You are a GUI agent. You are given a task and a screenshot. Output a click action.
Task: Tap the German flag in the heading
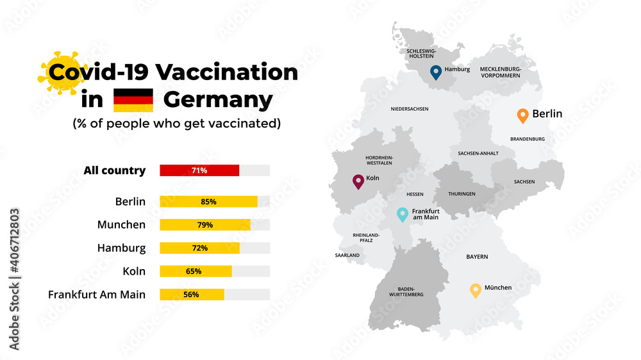pyautogui.click(x=133, y=100)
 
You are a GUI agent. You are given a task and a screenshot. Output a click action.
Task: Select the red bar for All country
pyautogui.click(x=199, y=170)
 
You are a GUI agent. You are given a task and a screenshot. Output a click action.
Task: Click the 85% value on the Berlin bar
pyautogui.click(x=208, y=202)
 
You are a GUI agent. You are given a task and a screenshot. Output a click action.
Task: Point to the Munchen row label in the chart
pyautogui.click(x=121, y=225)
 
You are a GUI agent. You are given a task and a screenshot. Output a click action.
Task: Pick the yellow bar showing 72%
pyautogui.click(x=199, y=248)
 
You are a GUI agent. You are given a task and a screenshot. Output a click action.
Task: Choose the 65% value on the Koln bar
pyautogui.click(x=194, y=271)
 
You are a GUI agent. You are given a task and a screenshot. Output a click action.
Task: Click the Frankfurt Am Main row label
pyautogui.click(x=97, y=295)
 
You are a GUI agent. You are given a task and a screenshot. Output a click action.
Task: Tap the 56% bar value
pyautogui.click(x=191, y=295)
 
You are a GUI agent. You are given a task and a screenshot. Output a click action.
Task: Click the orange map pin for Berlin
pyautogui.click(x=522, y=115)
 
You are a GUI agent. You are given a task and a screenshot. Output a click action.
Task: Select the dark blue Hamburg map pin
pyautogui.click(x=436, y=72)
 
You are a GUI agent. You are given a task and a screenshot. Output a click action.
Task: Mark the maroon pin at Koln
pyautogui.click(x=358, y=182)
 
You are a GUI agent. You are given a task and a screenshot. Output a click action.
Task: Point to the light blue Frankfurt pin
pyautogui.click(x=403, y=215)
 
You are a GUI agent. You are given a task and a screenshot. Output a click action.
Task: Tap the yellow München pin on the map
pyautogui.click(x=475, y=290)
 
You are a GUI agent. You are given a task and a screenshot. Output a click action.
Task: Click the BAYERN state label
pyautogui.click(x=477, y=257)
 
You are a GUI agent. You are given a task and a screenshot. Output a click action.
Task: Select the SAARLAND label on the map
pyautogui.click(x=347, y=255)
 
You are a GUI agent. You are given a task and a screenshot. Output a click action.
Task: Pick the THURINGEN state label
pyautogui.click(x=462, y=193)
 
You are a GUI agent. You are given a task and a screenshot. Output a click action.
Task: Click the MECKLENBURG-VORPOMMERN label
pyautogui.click(x=500, y=72)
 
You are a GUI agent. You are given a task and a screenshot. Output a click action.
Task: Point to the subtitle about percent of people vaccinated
pyautogui.click(x=177, y=123)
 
